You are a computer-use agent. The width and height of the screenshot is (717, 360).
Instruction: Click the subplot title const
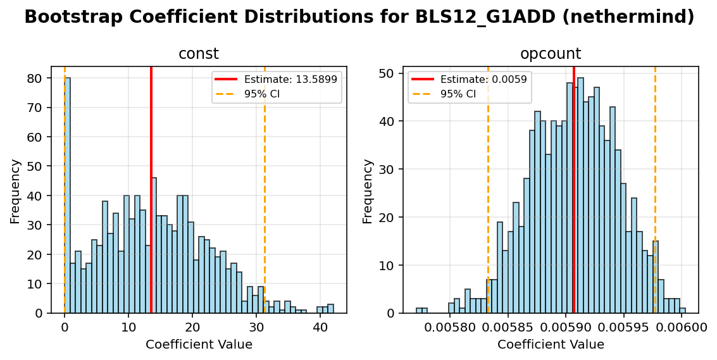(x=199, y=54)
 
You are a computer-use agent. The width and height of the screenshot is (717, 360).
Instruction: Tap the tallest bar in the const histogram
(x=67, y=196)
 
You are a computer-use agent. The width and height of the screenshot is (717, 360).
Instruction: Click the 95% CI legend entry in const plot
(x=262, y=94)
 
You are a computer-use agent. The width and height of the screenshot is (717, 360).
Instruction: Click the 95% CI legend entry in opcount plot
(x=458, y=94)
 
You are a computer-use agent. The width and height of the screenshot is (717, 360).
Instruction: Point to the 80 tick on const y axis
(x=39, y=78)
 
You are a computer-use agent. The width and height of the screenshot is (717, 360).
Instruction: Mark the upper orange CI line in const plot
(x=265, y=190)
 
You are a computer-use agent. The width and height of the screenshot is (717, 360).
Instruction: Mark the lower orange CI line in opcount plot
(x=488, y=190)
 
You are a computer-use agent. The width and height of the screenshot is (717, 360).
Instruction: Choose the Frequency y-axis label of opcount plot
(x=368, y=190)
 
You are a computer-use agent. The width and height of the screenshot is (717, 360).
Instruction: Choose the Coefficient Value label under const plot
(x=199, y=345)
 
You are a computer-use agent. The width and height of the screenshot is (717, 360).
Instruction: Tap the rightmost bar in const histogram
(x=330, y=309)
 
